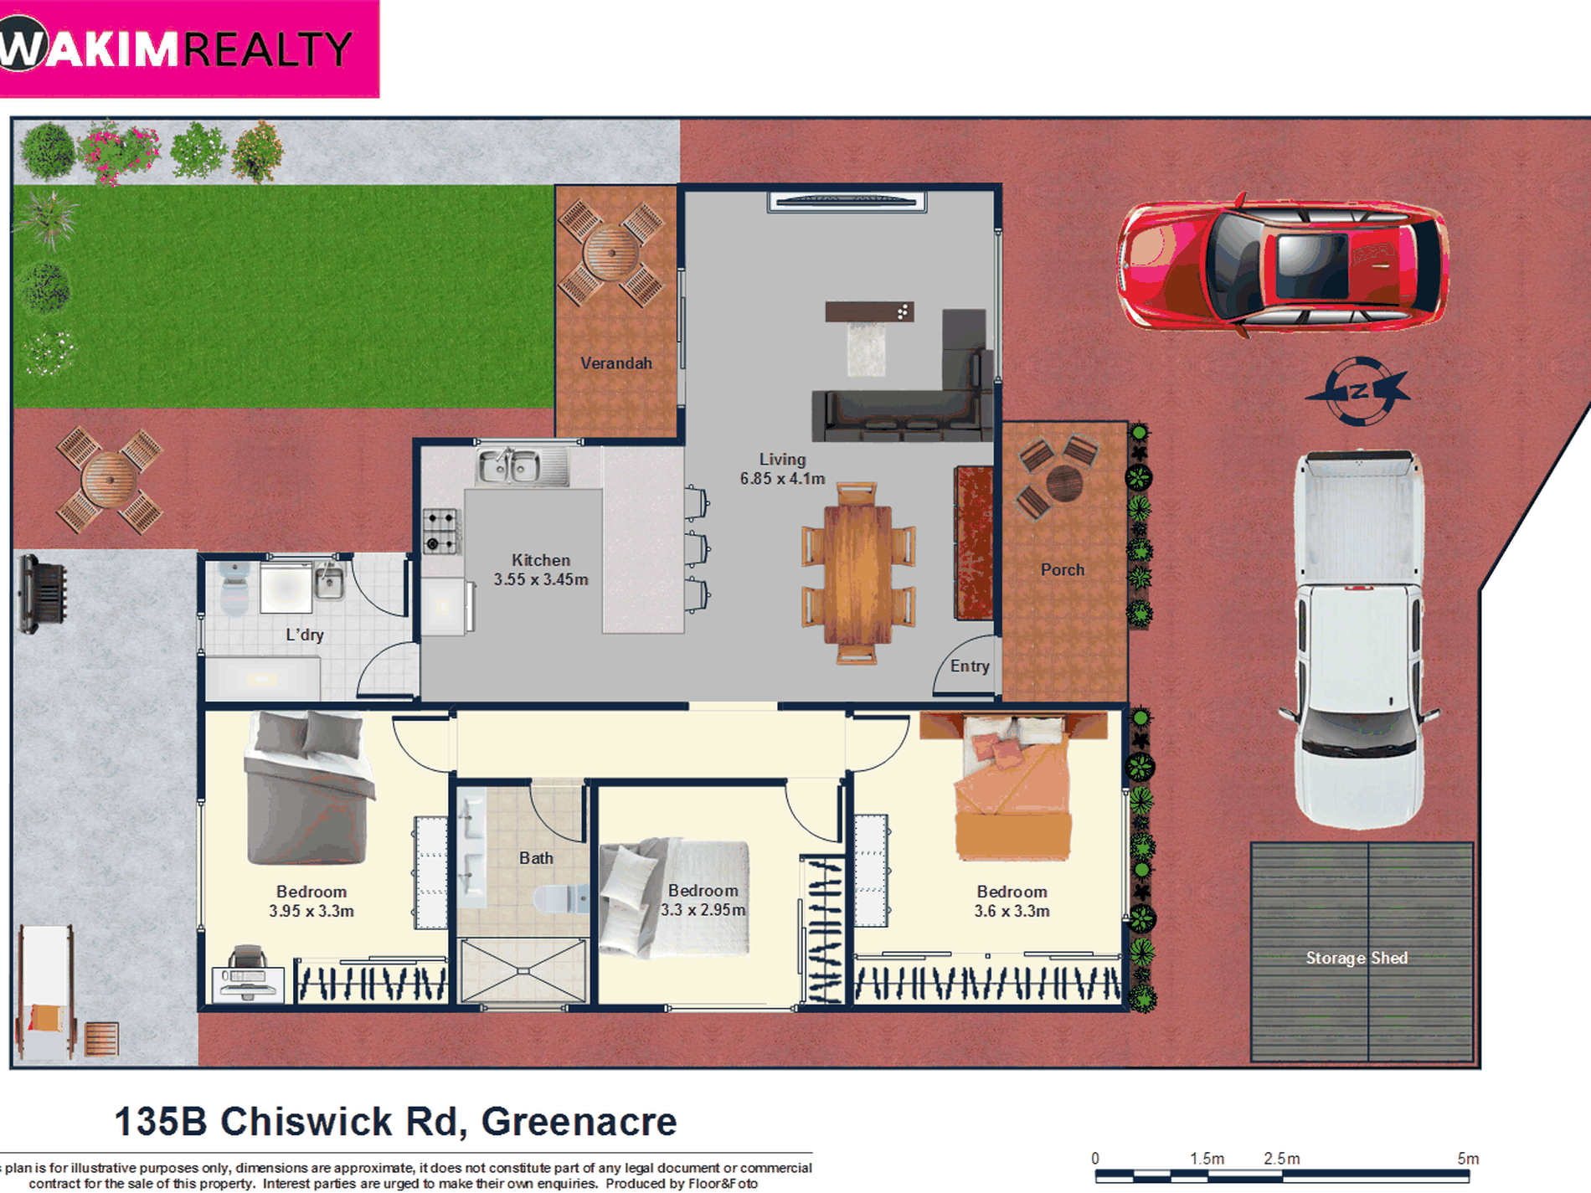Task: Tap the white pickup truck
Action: [1358, 640]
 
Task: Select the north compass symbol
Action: [1358, 391]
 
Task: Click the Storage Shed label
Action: [1357, 958]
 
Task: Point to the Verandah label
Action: [616, 363]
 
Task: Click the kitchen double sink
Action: [510, 465]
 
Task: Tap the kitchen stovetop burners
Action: [440, 532]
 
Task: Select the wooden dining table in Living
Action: [857, 573]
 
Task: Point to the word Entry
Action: [970, 666]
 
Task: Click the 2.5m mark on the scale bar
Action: [1281, 1159]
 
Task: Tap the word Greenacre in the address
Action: [579, 1122]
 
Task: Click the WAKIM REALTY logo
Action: [188, 49]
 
